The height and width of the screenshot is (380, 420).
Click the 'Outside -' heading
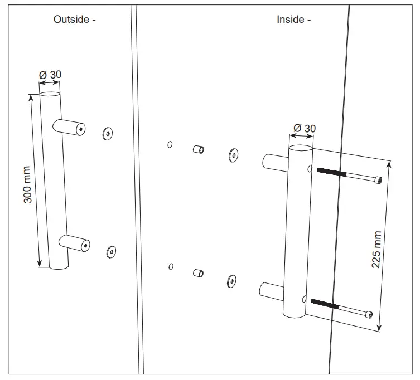[x=75, y=20]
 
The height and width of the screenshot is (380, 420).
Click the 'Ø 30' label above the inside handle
[x=305, y=128]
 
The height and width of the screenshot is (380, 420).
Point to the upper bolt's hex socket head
[x=379, y=180]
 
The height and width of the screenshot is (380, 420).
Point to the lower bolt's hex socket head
[x=369, y=315]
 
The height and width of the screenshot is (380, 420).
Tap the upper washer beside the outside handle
[x=107, y=133]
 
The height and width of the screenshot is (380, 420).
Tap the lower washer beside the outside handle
[x=111, y=251]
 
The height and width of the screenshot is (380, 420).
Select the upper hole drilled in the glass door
[x=170, y=145]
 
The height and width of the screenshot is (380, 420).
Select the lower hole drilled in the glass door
[x=171, y=266]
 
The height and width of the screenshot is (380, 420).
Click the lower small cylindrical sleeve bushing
[x=197, y=273]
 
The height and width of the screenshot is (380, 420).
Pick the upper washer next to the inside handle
[x=233, y=155]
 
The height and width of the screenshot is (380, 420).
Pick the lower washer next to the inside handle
[x=231, y=281]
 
